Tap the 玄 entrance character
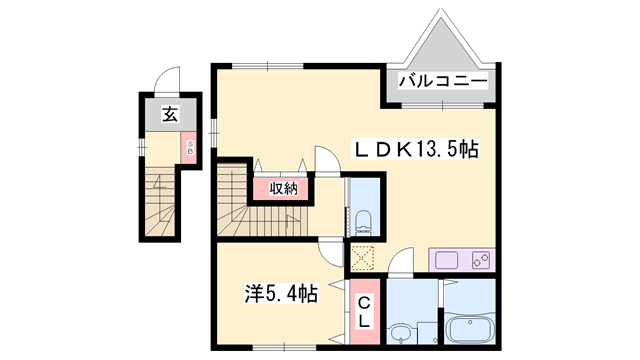(170, 114)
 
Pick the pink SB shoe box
(186, 148)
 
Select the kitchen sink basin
(446, 262)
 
